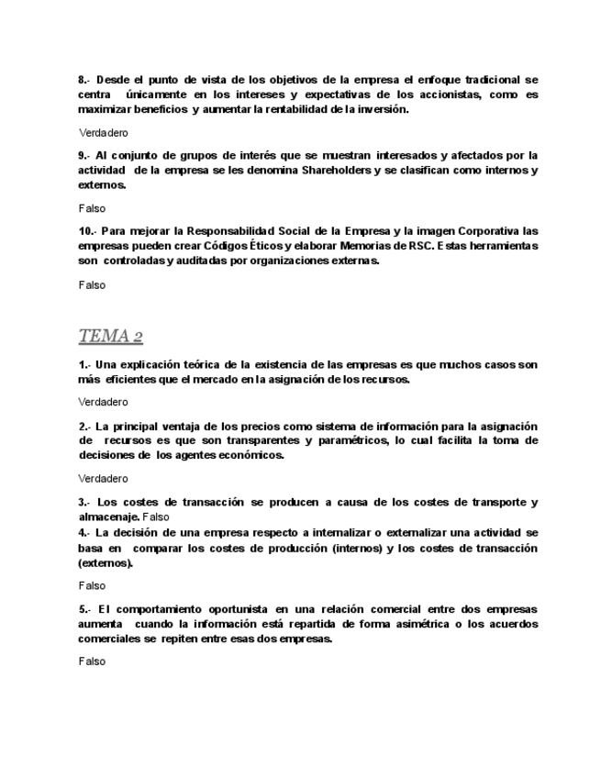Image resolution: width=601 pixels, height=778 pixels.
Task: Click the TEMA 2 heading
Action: coord(111,336)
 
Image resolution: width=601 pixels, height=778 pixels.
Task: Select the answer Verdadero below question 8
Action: coord(104,133)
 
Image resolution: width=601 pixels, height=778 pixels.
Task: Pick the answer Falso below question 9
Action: coord(92,209)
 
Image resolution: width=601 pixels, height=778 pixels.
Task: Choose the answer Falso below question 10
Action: coord(92,285)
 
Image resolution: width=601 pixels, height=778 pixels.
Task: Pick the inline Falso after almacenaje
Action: coord(156,517)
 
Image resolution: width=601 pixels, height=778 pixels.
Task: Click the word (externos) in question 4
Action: coord(106,563)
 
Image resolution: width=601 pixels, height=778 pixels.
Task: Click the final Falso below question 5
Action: coord(92,661)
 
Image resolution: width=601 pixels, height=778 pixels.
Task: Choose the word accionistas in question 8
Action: coord(450,94)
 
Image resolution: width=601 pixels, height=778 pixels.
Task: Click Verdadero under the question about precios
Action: coord(104,479)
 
